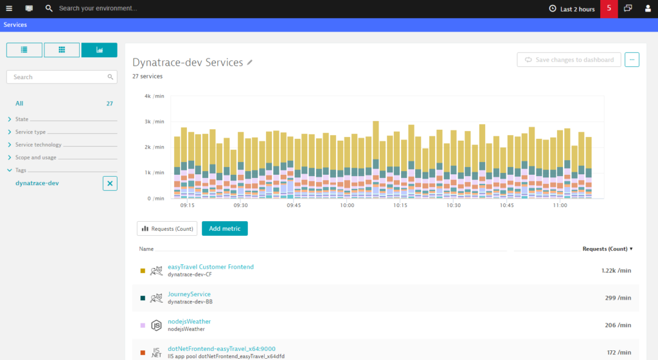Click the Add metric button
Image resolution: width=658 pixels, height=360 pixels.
click(x=224, y=229)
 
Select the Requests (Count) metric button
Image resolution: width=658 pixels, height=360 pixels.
click(x=167, y=229)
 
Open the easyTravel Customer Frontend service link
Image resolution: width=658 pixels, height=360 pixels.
click(x=211, y=267)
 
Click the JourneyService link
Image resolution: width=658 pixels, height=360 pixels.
click(x=190, y=294)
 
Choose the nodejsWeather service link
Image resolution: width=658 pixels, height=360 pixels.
click(x=190, y=321)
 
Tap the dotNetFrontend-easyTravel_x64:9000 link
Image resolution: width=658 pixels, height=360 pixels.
click(x=222, y=348)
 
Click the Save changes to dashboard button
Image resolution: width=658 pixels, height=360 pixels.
click(x=569, y=60)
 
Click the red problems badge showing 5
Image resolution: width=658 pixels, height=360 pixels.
click(x=609, y=9)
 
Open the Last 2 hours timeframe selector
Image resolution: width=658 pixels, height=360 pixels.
click(x=572, y=9)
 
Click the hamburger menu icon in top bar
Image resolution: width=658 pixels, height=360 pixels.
click(x=9, y=8)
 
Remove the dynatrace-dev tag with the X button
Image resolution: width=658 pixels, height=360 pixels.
click(x=110, y=183)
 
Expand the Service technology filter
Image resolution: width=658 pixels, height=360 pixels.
click(x=38, y=145)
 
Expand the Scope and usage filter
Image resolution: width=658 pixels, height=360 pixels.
click(x=36, y=157)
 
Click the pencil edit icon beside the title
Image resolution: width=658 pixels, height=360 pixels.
click(x=250, y=62)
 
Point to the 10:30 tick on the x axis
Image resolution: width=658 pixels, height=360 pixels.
click(x=453, y=205)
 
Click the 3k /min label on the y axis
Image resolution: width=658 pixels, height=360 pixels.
click(x=154, y=122)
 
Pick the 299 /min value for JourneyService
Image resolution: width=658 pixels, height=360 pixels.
click(x=618, y=298)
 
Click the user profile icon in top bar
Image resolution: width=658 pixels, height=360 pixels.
click(x=648, y=8)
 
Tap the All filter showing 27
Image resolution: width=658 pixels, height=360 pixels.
click(x=19, y=104)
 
